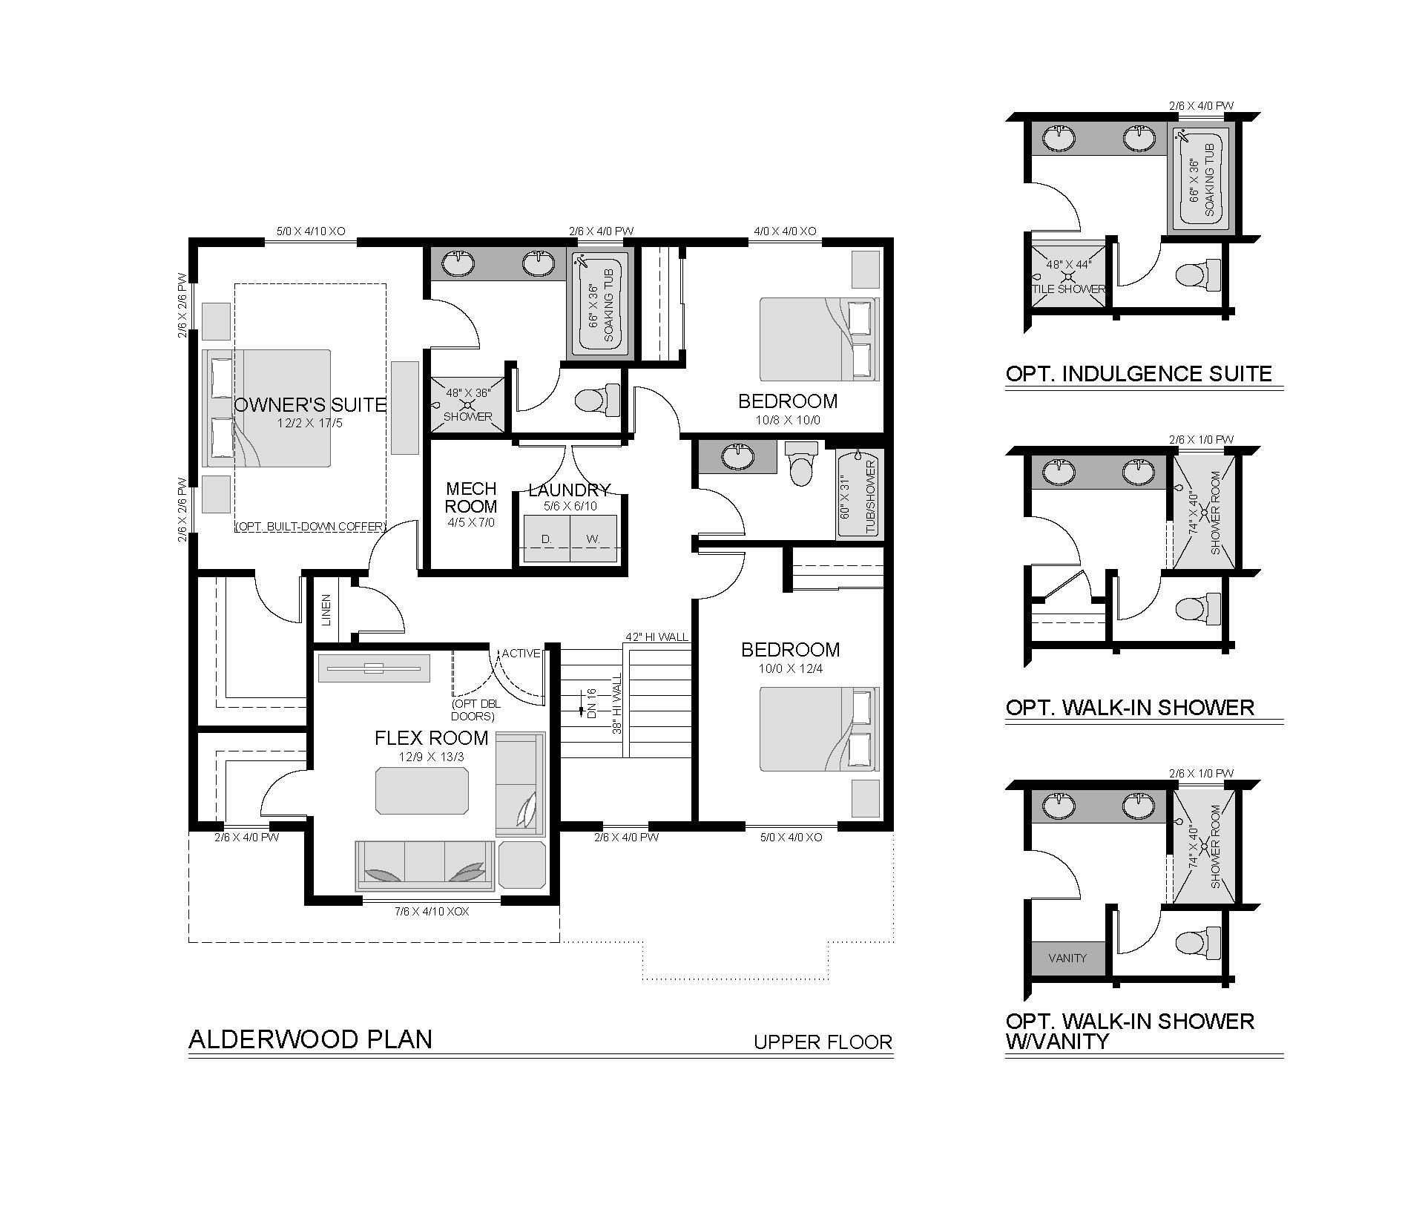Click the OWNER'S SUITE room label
pyautogui.click(x=310, y=405)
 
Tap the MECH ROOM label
pyautogui.click(x=471, y=498)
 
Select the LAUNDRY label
pyautogui.click(x=569, y=490)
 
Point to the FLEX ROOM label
pyautogui.click(x=431, y=738)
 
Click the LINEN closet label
pyautogui.click(x=326, y=609)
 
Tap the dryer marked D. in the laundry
pyautogui.click(x=546, y=540)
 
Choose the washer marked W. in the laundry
pyautogui.click(x=593, y=540)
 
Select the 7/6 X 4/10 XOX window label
pyautogui.click(x=431, y=911)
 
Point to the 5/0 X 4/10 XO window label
pyautogui.click(x=311, y=231)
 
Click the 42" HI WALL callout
pyautogui.click(x=656, y=637)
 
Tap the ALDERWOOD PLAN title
pyautogui.click(x=311, y=1039)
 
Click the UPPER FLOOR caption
pyautogui.click(x=823, y=1042)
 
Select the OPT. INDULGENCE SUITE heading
pyautogui.click(x=1139, y=373)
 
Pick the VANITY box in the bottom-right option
pyautogui.click(x=1067, y=958)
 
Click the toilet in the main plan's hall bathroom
pyautogui.click(x=802, y=463)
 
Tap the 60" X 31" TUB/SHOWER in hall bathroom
pyautogui.click(x=860, y=493)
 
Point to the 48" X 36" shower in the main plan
pyautogui.click(x=467, y=403)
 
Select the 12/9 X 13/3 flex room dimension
pyautogui.click(x=431, y=757)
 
